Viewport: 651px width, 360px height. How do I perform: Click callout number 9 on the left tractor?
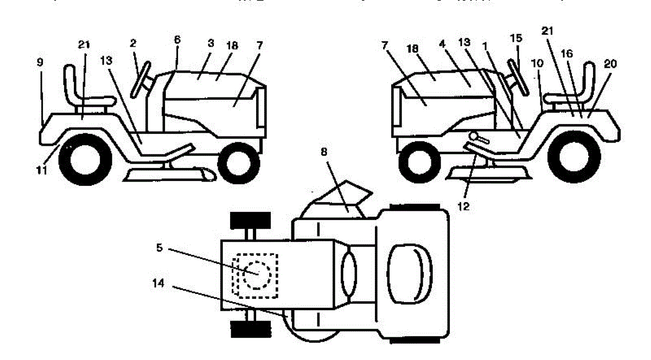coord(40,62)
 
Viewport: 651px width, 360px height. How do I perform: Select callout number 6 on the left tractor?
coord(177,40)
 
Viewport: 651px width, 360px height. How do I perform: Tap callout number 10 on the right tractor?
coord(538,63)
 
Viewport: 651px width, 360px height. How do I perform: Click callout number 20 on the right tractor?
coord(610,63)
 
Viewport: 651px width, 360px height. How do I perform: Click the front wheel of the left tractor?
coord(237,161)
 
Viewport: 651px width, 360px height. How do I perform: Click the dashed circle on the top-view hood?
coord(254,274)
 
